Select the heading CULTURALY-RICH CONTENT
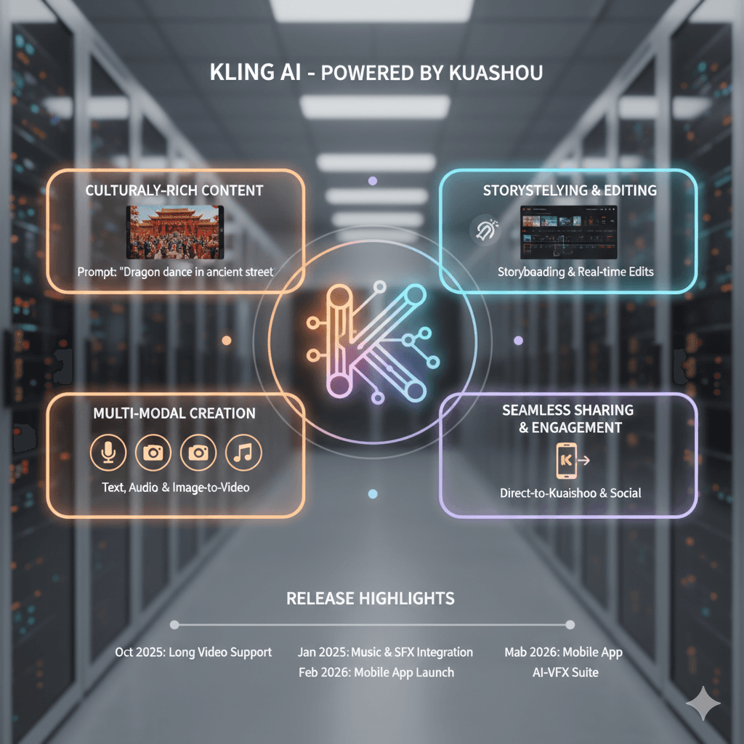click(x=174, y=190)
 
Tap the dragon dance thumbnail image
click(x=175, y=232)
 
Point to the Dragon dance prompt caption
click(x=175, y=272)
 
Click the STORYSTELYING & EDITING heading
click(x=570, y=190)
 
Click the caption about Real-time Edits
click(x=575, y=272)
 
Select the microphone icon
click(x=108, y=453)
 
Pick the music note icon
click(x=243, y=453)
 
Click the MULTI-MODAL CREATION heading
click(x=174, y=413)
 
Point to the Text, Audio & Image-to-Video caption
click(x=175, y=488)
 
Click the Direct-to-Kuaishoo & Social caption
click(x=570, y=493)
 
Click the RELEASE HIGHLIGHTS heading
click(x=371, y=599)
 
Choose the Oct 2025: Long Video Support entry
click(x=193, y=652)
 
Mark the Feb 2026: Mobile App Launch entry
click(x=376, y=673)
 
